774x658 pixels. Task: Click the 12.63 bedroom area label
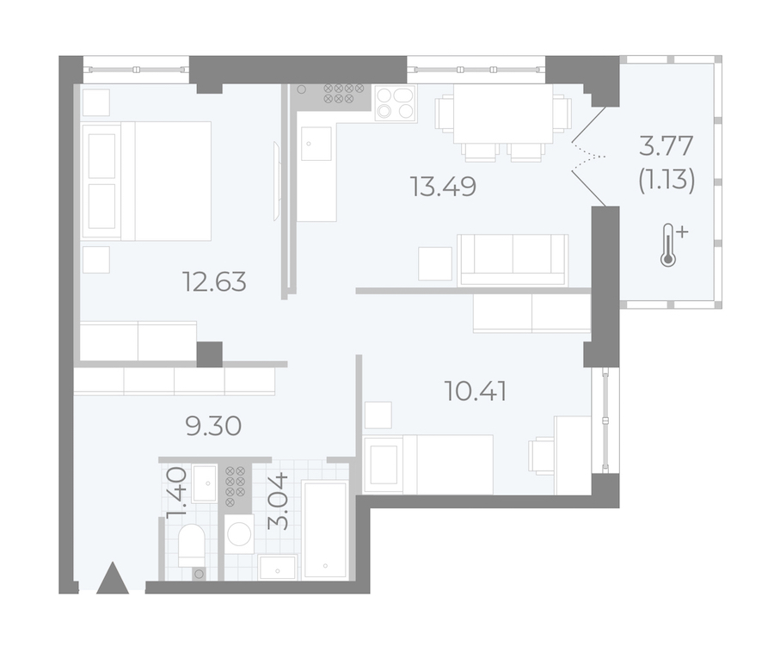pos(214,282)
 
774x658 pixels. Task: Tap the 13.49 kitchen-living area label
pos(443,187)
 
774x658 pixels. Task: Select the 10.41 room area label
pos(476,391)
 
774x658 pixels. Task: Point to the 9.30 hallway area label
pos(214,426)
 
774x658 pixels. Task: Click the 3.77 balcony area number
pos(666,146)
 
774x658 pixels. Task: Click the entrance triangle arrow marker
pos(113,577)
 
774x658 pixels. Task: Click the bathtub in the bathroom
pos(325,530)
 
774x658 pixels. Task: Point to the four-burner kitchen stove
pos(396,103)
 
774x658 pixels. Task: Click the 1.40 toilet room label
pos(176,493)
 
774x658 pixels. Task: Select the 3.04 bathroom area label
pos(278,501)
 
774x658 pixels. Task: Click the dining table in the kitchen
pos(503,114)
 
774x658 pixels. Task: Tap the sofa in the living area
pos(513,260)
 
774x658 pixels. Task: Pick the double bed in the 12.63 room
pos(147,181)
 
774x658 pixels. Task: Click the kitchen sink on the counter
pos(316,144)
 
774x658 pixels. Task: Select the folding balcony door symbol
pos(589,157)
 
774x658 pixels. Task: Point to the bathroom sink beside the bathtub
pos(278,567)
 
